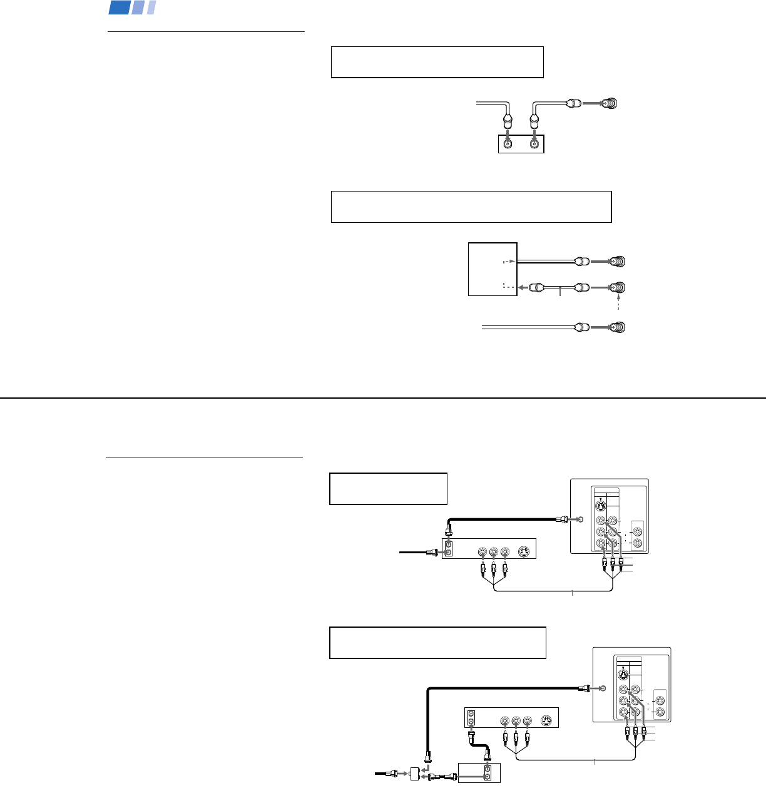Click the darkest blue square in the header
tap(118, 8)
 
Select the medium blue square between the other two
tap(137, 8)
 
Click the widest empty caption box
tap(471, 207)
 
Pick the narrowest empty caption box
tap(388, 488)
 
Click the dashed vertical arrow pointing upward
tap(618, 305)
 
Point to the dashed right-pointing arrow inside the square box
tap(509, 262)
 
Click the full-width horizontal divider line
tap(383, 397)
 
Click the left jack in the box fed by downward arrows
tap(508, 143)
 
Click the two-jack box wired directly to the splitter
tap(480, 772)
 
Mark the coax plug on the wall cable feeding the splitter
tap(392, 774)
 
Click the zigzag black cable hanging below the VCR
tap(480, 745)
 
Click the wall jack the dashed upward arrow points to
tap(618, 288)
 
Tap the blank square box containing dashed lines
tap(493, 269)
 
